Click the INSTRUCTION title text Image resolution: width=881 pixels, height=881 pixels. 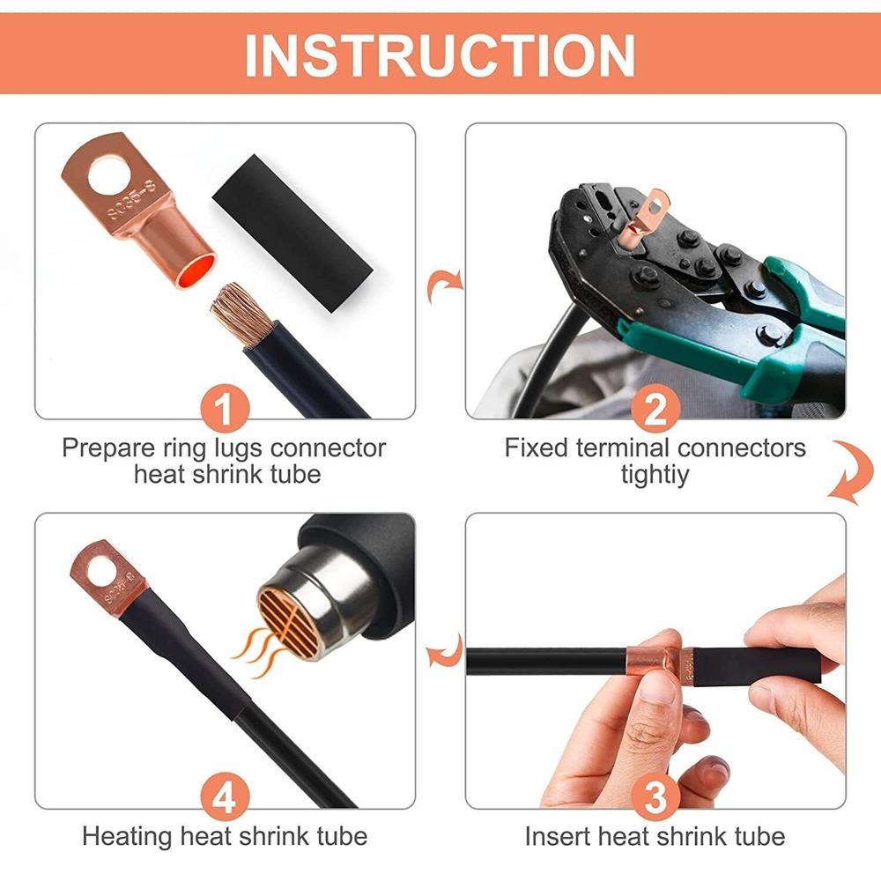(440, 55)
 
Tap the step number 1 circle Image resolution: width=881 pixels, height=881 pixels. (226, 410)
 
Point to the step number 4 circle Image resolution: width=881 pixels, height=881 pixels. (226, 798)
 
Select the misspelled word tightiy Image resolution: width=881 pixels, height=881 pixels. (655, 475)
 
